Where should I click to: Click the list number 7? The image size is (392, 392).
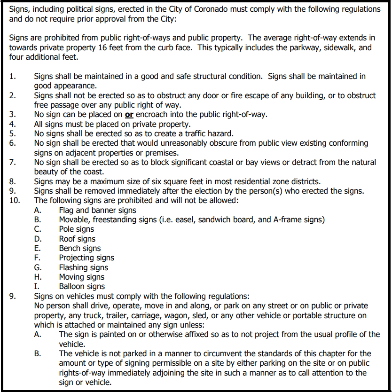click(x=12, y=162)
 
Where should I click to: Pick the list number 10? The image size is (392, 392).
click(x=15, y=201)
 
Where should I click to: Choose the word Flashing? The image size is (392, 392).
click(x=74, y=267)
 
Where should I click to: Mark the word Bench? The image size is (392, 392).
click(x=70, y=248)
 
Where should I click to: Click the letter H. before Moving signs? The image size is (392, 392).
click(x=38, y=277)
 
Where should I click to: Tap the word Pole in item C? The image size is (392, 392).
click(x=67, y=229)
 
